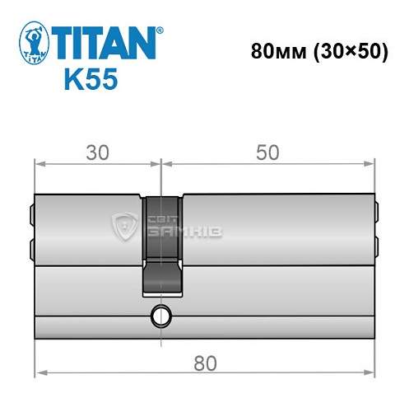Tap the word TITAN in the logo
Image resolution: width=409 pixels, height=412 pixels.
click(x=105, y=41)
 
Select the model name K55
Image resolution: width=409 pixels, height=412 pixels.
click(x=91, y=79)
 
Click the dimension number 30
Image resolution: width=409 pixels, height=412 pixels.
click(x=97, y=152)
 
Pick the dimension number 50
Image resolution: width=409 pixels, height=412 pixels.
click(x=267, y=152)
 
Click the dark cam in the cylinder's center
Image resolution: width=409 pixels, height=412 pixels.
click(x=163, y=243)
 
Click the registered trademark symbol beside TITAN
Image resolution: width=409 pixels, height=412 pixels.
click(x=159, y=29)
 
